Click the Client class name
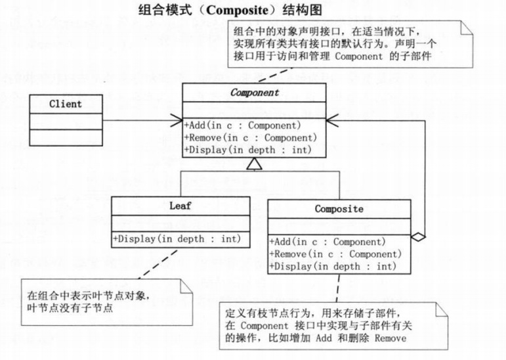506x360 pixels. coord(66,104)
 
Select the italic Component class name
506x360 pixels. coord(254,93)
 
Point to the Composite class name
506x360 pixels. coord(339,210)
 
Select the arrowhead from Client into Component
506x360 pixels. coord(178,120)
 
